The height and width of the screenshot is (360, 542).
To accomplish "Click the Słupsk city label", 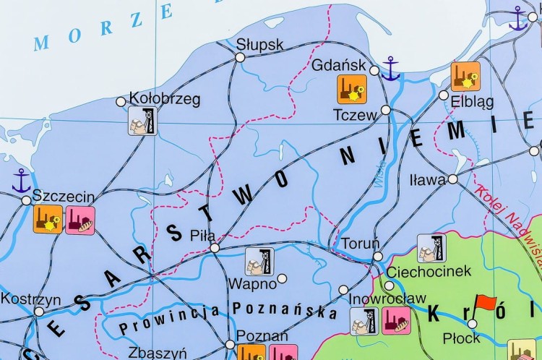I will (x=260, y=45).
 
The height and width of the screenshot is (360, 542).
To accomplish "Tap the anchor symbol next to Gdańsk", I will (x=390, y=70).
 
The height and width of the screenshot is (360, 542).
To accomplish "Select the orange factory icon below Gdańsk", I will (x=352, y=89).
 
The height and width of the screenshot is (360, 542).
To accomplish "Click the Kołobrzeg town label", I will (x=164, y=98).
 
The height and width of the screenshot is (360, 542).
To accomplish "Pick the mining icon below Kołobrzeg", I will (x=142, y=121).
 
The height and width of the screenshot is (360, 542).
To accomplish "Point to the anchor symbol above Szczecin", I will (x=22, y=180).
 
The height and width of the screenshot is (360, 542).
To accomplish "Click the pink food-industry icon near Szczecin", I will (x=80, y=220).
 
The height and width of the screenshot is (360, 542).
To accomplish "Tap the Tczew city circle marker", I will (x=386, y=110).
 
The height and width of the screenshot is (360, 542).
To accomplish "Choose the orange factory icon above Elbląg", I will (x=465, y=76).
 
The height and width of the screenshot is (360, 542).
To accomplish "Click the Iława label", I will (x=427, y=180).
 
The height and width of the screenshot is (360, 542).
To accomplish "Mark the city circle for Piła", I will (x=215, y=248).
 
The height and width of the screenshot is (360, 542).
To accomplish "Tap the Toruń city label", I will (x=359, y=242).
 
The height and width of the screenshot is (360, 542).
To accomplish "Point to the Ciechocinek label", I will (x=429, y=272).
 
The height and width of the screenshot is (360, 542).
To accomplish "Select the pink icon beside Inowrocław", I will (x=396, y=320).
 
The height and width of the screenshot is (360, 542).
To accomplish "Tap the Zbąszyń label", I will (x=157, y=353).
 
